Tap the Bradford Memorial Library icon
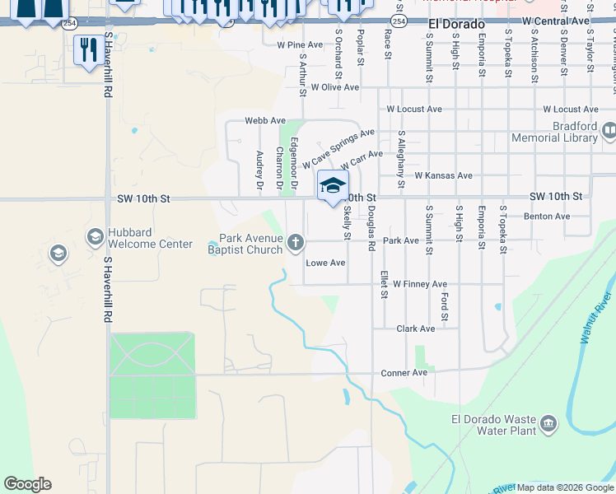point(609,130)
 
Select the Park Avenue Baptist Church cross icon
point(296,242)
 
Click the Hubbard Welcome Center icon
point(95,238)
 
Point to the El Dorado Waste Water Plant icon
point(548,425)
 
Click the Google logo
point(27,484)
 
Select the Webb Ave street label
point(264,120)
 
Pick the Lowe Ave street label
point(325,263)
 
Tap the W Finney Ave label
point(419,284)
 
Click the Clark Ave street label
point(415,329)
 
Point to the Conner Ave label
point(404,373)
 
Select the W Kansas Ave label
point(443,175)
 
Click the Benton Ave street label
point(547,217)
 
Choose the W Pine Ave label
point(300,44)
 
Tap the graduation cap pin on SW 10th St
point(333,185)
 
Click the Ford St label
point(445,306)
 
